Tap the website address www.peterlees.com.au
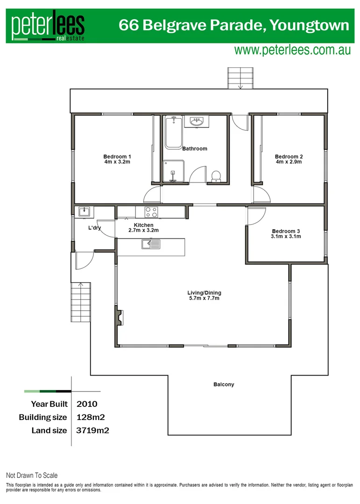point(292,50)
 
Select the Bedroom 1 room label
point(117,156)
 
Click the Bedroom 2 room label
point(289,156)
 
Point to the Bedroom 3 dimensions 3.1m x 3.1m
point(286,237)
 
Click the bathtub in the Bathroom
point(173,133)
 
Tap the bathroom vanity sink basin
point(197,122)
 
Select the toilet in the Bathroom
point(216,176)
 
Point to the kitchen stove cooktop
point(151,212)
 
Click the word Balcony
point(224,385)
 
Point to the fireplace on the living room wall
point(120,318)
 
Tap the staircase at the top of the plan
point(240,77)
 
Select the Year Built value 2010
point(86,404)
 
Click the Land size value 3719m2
point(92,430)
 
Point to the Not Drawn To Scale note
point(32,476)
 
